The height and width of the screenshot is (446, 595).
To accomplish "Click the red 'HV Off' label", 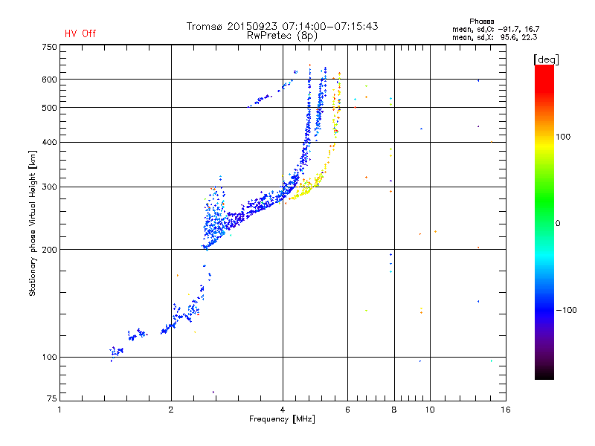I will click(80, 33).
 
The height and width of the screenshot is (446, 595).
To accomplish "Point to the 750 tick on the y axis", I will click(49, 47).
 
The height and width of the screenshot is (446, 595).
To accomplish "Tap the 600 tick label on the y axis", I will click(49, 80).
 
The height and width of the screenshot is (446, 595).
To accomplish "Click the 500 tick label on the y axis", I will click(49, 108).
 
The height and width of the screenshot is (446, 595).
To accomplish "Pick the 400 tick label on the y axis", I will click(49, 142).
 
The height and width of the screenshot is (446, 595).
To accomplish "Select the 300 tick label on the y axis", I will click(49, 187).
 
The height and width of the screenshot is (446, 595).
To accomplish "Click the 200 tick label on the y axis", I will click(49, 249).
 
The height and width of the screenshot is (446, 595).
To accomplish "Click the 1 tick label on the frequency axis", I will click(60, 410).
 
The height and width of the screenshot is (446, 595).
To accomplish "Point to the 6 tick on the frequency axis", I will click(347, 410).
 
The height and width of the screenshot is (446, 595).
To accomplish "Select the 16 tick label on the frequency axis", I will click(504, 410).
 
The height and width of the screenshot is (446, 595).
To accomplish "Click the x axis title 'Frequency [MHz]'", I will click(282, 420).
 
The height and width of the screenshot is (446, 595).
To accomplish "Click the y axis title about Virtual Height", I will click(33, 223).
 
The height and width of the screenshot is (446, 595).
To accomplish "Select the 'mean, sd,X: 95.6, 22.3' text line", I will click(495, 36).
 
